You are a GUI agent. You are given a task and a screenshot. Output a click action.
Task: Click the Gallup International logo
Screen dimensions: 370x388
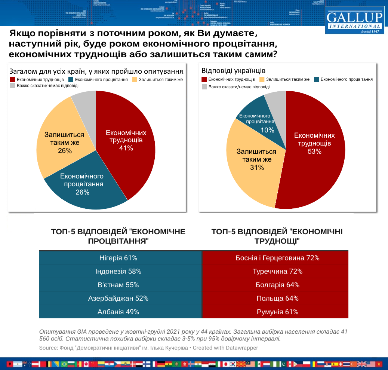coord(354,20)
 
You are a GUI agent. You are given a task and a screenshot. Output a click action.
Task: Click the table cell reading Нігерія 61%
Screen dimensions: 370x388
coord(120,258)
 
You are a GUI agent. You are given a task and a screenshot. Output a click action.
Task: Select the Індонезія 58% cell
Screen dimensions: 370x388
coord(120,271)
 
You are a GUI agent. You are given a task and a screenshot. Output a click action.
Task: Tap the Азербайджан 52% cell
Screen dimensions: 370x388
coord(120,299)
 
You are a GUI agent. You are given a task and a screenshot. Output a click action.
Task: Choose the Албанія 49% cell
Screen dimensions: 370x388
coord(120,312)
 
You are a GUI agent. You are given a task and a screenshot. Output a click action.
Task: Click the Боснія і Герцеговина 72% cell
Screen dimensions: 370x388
coord(275,258)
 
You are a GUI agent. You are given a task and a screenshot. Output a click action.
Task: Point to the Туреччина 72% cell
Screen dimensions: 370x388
coord(275,271)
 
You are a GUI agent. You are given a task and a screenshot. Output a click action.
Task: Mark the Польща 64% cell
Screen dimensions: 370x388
coord(275,299)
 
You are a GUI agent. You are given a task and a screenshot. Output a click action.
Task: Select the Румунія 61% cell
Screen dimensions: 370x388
coord(275,312)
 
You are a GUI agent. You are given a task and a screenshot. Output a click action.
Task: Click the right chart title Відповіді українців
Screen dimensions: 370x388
coord(234,70)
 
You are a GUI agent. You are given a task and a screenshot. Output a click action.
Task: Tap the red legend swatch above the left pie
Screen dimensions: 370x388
coord(12,80)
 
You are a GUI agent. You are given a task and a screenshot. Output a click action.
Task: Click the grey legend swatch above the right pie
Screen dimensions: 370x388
coord(204,87)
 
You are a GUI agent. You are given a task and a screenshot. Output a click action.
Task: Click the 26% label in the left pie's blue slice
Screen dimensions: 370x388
coord(83,192)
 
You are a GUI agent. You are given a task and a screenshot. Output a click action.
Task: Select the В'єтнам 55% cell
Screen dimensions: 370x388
coord(120,285)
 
